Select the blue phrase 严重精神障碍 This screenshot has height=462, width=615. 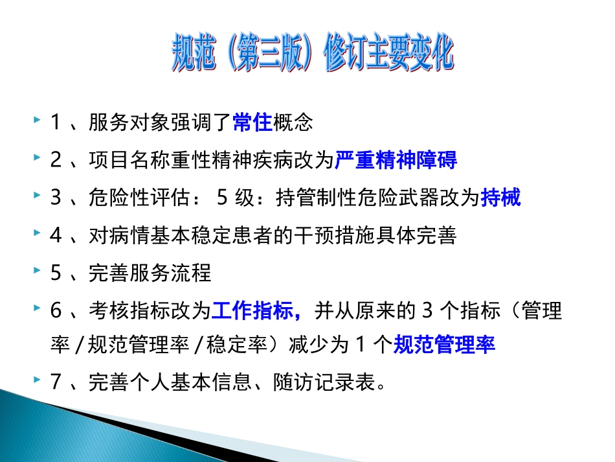396,160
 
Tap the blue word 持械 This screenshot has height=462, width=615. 500,198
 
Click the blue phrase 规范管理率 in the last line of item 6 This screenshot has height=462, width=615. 445,345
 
